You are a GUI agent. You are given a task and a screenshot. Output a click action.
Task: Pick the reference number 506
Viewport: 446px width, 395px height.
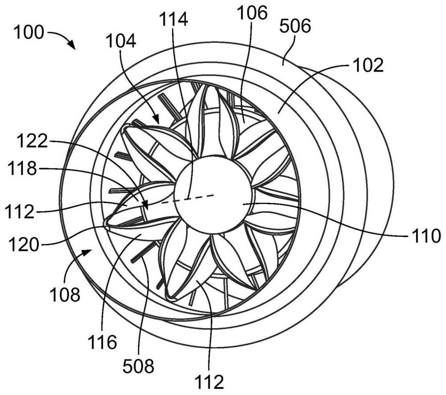click(x=295, y=28)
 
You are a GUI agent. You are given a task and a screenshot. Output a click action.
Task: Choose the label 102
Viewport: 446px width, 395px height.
click(x=368, y=66)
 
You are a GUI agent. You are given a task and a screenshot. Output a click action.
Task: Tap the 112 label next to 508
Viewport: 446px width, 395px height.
click(x=208, y=381)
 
